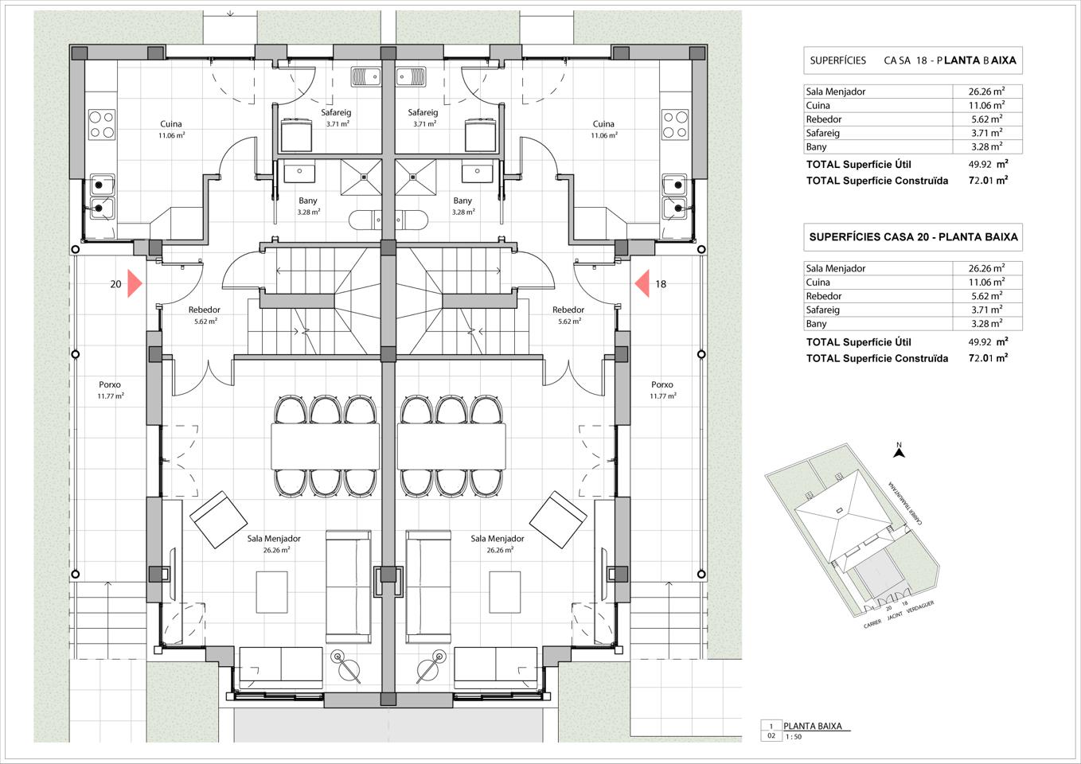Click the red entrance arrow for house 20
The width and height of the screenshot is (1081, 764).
[x=135, y=283]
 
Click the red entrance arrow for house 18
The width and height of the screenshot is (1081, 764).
[x=642, y=283]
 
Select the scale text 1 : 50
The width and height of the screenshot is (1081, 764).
[x=794, y=737]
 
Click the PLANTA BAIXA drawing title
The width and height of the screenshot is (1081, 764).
[x=812, y=726]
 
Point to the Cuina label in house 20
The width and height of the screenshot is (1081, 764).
[x=171, y=124]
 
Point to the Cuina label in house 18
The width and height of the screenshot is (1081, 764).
[x=603, y=124]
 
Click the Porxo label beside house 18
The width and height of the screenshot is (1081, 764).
[x=661, y=384]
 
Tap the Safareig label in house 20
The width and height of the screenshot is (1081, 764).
[x=336, y=112]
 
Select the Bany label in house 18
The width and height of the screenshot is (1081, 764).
[x=462, y=201]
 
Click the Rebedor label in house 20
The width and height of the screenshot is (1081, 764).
[x=204, y=310]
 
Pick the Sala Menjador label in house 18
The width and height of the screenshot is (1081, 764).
[x=497, y=538]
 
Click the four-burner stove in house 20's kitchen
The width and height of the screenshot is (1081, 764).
[x=102, y=124]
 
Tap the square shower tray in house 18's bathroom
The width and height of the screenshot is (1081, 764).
[x=416, y=177]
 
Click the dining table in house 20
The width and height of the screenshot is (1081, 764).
[x=326, y=446]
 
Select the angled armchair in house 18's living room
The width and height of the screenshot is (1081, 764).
[x=558, y=520]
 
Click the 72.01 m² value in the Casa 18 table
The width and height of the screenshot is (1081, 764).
[x=988, y=181]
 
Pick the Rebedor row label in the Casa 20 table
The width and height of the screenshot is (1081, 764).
[x=823, y=296]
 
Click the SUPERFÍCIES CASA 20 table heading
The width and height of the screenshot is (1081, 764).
[x=913, y=237]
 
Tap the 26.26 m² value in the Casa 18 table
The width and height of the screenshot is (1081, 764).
[x=986, y=92]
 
